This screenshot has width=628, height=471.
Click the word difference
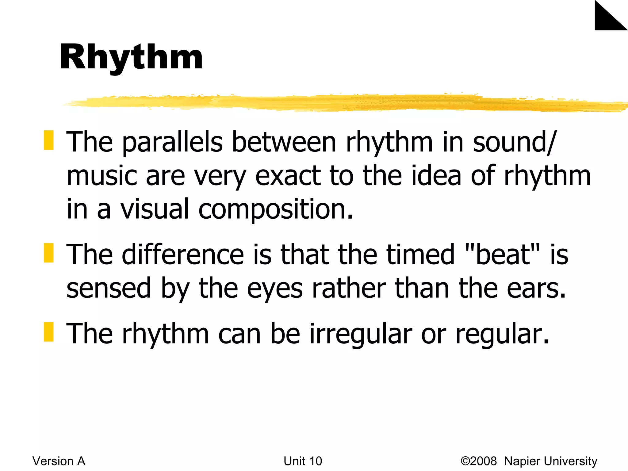183,254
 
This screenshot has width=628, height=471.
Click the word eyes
275,289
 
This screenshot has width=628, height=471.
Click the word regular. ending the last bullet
502,334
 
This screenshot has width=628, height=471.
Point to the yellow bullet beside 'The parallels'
48,140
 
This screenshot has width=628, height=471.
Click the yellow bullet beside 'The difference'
48,253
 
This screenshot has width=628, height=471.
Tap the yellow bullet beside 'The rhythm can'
48,332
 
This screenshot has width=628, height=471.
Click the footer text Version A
59,461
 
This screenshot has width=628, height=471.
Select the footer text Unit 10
303,461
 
